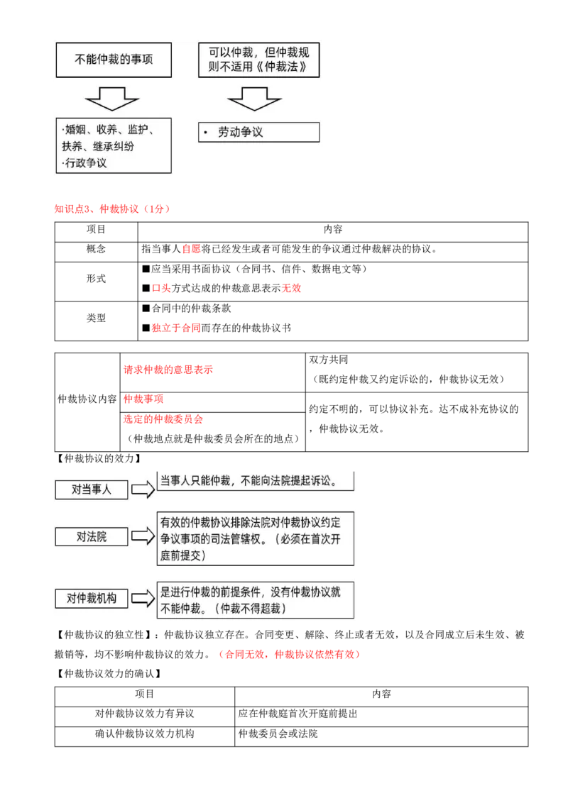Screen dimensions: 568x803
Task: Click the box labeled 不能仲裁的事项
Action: pyautogui.click(x=114, y=60)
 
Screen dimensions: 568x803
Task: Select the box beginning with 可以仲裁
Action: pyautogui.click(x=258, y=60)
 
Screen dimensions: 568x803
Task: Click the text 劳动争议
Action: pyautogui.click(x=241, y=133)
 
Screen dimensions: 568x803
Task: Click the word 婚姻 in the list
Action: pyautogui.click(x=75, y=129)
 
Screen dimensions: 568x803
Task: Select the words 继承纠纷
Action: pyautogui.click(x=113, y=146)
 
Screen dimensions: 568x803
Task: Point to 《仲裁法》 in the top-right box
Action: pyautogui.click(x=285, y=69)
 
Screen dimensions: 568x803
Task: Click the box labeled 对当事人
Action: pyautogui.click(x=92, y=489)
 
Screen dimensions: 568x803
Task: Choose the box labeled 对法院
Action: pyautogui.click(x=92, y=536)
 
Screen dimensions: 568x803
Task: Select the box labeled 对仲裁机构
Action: pyautogui.click(x=92, y=598)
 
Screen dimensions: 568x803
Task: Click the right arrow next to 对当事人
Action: pyautogui.click(x=143, y=489)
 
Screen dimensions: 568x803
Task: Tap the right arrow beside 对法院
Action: pyautogui.click(x=143, y=536)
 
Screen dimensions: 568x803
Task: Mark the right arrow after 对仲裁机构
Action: pyautogui.click(x=143, y=598)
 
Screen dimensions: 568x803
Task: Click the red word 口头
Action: pyautogui.click(x=162, y=289)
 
